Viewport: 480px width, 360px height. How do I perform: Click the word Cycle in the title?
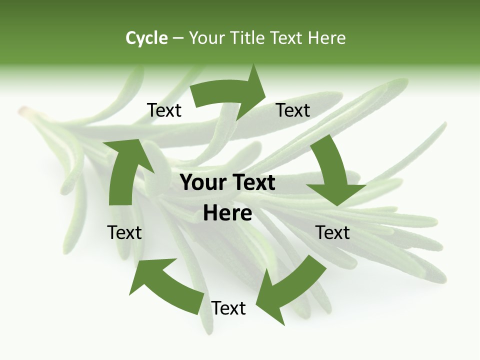point(146,38)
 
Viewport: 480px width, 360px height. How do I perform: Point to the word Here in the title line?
point(326,38)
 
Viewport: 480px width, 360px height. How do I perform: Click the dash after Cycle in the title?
point(178,38)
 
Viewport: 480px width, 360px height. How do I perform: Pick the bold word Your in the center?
point(199,183)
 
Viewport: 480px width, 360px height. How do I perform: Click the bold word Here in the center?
point(227,213)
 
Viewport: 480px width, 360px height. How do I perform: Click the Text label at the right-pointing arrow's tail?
point(164,110)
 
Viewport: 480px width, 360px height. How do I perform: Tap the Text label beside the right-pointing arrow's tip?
point(293,110)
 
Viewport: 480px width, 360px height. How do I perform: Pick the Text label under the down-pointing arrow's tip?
point(332,232)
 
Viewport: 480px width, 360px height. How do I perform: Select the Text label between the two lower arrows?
point(228,308)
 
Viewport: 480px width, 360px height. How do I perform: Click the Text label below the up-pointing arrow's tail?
point(124,232)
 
